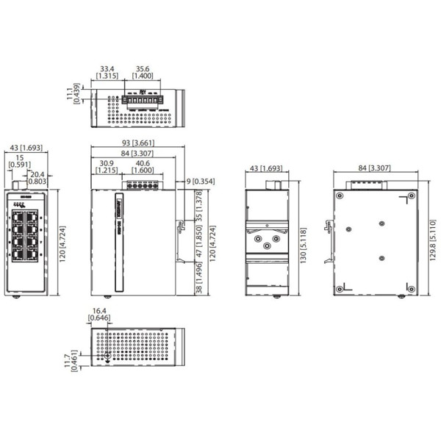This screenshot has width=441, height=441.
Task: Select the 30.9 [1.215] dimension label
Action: [x=106, y=166]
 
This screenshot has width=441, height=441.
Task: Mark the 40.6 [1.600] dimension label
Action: [x=143, y=166]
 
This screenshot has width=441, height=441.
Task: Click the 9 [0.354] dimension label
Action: [x=201, y=181]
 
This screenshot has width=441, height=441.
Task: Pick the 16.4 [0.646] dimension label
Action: [x=98, y=315]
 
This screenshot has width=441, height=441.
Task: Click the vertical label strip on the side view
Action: [x=118, y=243]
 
